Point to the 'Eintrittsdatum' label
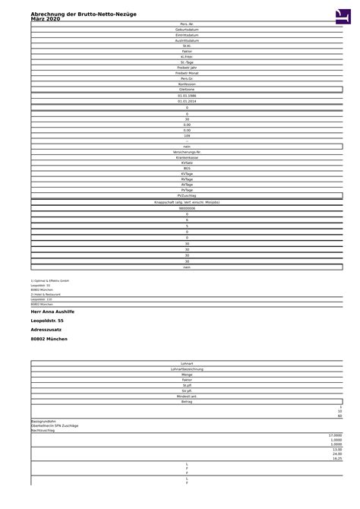click(187, 35)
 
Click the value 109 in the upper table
click(187, 135)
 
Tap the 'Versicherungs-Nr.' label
click(187, 152)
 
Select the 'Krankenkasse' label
click(187, 157)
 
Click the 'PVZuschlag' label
click(187, 195)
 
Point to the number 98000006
click(187, 208)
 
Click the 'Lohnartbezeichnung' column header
click(187, 369)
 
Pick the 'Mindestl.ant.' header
click(187, 396)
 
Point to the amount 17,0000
click(335, 435)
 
